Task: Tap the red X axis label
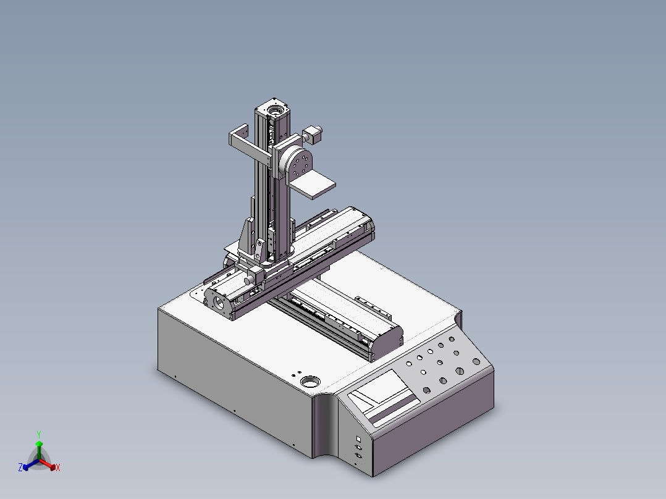coord(58,468)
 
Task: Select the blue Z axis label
coord(20,468)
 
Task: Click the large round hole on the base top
coord(310,382)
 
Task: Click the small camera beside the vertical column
coord(313,134)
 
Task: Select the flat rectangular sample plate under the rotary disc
coord(312,185)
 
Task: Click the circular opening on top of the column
coord(274,111)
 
